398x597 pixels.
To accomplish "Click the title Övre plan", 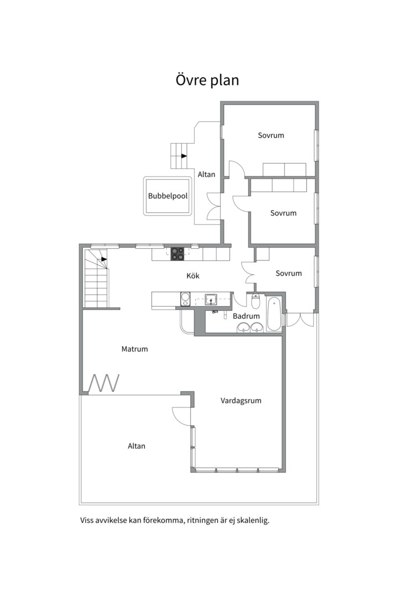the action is pyautogui.click(x=207, y=80).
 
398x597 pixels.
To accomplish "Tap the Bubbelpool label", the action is pyautogui.click(x=168, y=196).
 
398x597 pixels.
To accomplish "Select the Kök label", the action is pyautogui.click(x=193, y=276).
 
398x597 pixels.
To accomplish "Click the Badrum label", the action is pyautogui.click(x=246, y=316).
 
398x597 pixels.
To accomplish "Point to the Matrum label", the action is pyautogui.click(x=134, y=349).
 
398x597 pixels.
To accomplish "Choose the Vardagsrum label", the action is pyautogui.click(x=241, y=401).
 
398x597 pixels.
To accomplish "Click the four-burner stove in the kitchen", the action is pyautogui.click(x=177, y=254).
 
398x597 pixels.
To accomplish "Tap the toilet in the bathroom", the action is pyautogui.click(x=256, y=301).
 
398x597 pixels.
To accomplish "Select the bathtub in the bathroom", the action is pyautogui.click(x=274, y=315).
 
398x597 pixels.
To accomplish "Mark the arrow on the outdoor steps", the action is pyautogui.click(x=184, y=156).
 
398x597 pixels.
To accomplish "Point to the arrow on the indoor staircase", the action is pyautogui.click(x=103, y=259).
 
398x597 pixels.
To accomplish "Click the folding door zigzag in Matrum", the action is pyautogui.click(x=104, y=383).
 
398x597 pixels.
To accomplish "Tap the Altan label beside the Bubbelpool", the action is pyautogui.click(x=206, y=174).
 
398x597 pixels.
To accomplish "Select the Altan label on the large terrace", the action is pyautogui.click(x=137, y=446).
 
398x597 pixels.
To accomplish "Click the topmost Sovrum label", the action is pyautogui.click(x=271, y=135).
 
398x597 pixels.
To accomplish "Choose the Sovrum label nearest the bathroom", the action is pyautogui.click(x=289, y=273).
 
